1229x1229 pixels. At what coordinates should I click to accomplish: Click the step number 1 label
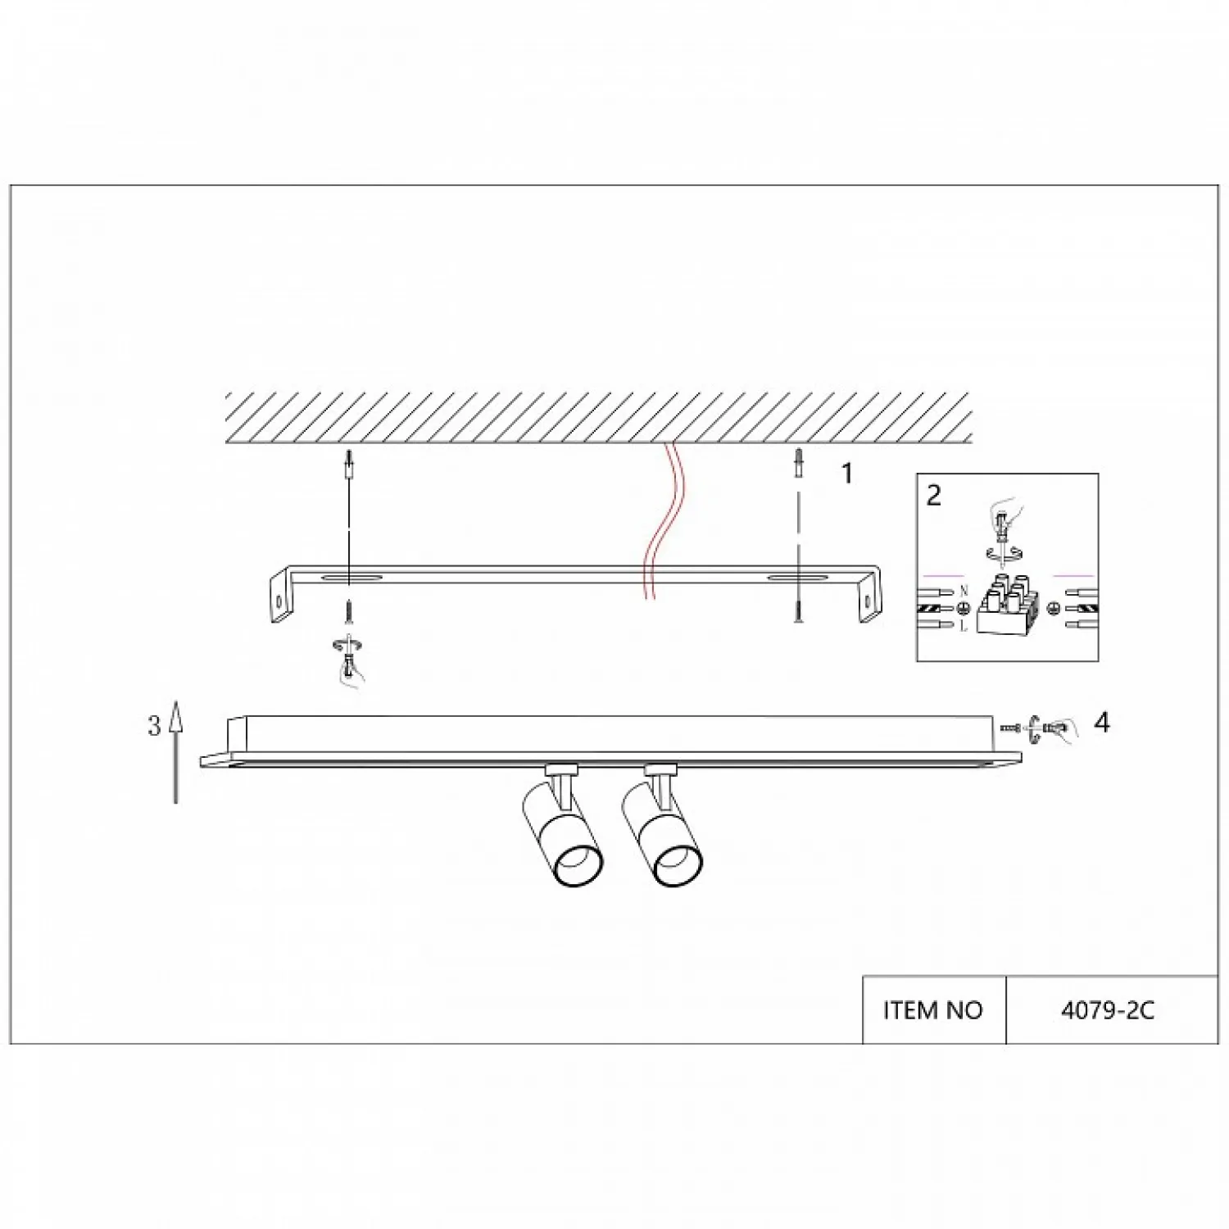pos(848,474)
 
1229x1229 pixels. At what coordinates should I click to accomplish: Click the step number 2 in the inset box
pos(934,496)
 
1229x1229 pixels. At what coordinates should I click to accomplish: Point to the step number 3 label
pos(154,726)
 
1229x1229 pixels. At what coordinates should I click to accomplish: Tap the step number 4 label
pos(1102,723)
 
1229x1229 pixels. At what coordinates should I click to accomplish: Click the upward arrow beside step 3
pos(175,752)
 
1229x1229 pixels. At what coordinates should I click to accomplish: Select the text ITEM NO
pos(933,1010)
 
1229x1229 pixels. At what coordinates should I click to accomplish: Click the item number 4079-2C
pos(1108,1010)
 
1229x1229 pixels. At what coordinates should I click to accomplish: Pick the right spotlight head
pos(662,834)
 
